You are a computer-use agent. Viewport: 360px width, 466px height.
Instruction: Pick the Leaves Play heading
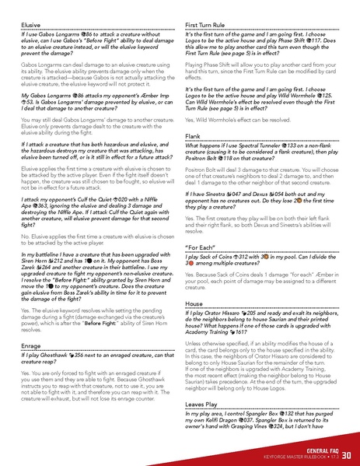click(x=204, y=405)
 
